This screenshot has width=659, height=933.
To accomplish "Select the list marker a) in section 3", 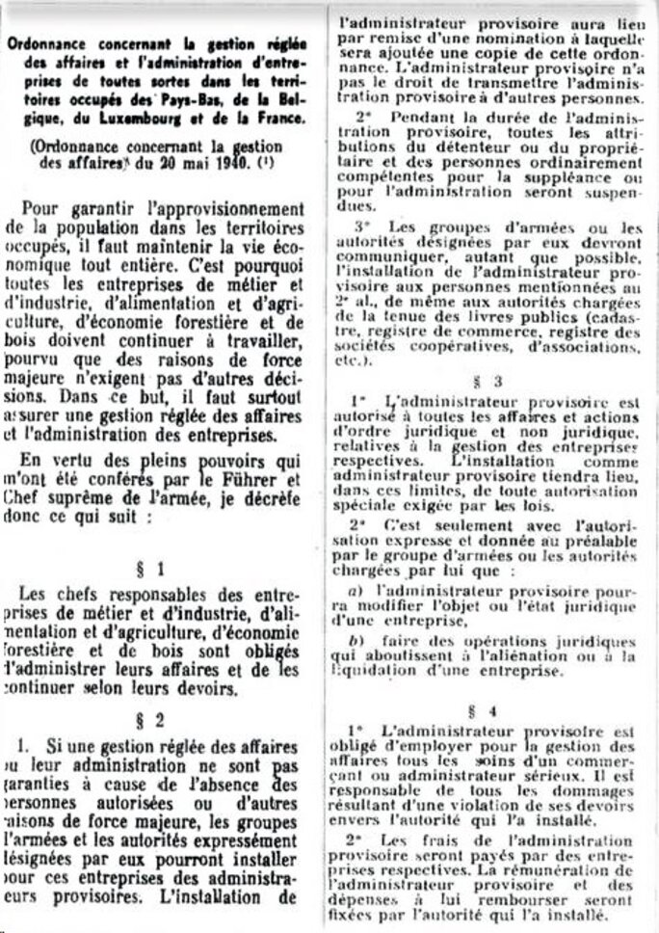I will click(354, 589).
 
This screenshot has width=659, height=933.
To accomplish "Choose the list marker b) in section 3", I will click(355, 641).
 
